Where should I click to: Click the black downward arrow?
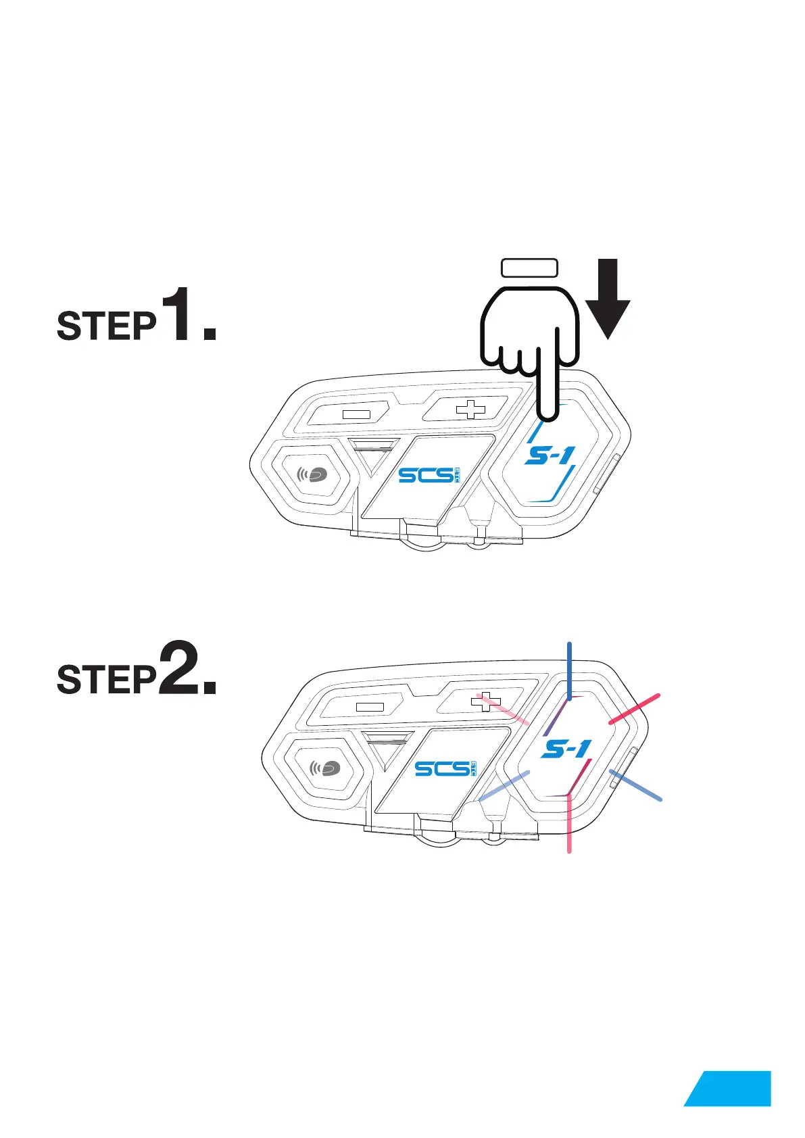(x=607, y=299)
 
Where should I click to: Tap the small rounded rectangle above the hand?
(x=529, y=268)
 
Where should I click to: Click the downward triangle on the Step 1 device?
(x=374, y=456)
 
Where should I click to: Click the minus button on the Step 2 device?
(x=369, y=707)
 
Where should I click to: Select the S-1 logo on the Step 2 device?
(x=566, y=749)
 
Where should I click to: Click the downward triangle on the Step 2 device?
(x=387, y=749)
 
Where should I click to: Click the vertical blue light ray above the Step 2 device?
(x=570, y=669)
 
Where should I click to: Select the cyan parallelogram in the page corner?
(x=729, y=1088)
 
